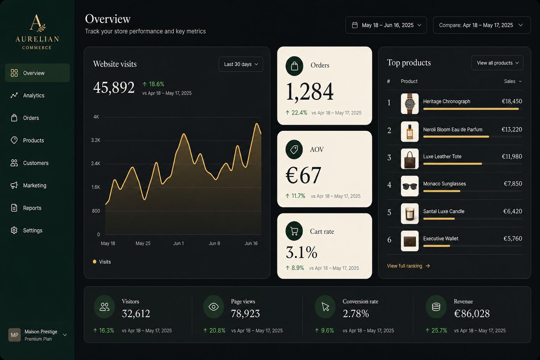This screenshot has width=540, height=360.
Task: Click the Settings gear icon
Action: [x=14, y=230]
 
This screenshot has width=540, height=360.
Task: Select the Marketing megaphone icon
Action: [x=14, y=185]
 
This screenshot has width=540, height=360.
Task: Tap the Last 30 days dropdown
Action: [x=241, y=64]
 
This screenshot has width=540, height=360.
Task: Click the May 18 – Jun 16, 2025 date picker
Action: [x=386, y=25]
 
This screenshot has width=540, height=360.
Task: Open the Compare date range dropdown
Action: [x=482, y=25]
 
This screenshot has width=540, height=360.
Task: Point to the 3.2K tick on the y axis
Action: [x=96, y=140]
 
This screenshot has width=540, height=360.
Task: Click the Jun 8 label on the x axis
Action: [x=214, y=243]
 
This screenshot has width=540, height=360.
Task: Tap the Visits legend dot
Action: [x=94, y=262]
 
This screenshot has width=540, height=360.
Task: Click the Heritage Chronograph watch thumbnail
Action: [x=410, y=104]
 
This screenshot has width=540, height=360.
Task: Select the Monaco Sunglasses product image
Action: [x=410, y=186]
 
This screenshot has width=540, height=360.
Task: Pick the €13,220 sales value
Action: [x=512, y=130]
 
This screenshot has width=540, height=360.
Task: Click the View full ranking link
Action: [x=408, y=266]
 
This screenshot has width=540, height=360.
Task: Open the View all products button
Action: [x=497, y=63]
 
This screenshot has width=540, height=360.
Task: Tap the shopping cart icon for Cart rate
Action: [x=294, y=231]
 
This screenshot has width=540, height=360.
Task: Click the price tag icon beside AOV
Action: [x=294, y=149]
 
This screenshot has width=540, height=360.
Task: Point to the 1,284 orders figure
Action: [x=310, y=91]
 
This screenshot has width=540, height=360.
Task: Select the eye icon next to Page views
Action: [x=214, y=307]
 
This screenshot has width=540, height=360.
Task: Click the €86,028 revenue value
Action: [x=472, y=313]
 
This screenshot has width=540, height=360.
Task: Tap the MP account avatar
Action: [x=15, y=335]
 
